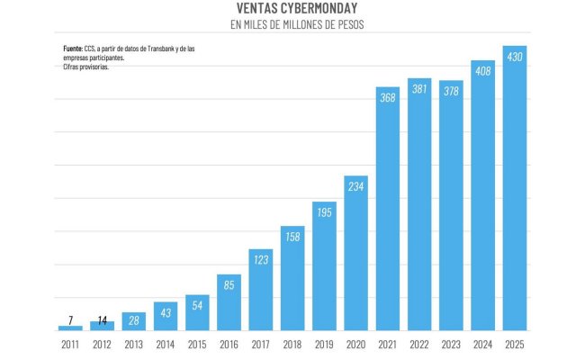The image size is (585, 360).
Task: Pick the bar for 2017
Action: [261, 289]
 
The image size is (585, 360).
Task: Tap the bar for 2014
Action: [166, 315]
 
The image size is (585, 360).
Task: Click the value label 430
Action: [515, 57]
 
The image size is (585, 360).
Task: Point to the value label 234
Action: [355, 186]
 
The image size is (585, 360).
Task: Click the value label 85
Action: [229, 285]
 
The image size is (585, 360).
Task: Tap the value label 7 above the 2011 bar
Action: [70, 319]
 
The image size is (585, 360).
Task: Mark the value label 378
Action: [451, 91]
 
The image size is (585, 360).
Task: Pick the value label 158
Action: [292, 237]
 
